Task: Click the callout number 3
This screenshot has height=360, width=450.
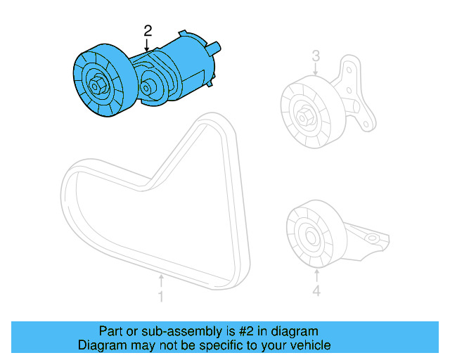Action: pyautogui.click(x=316, y=55)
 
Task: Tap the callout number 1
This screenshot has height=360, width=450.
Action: pyautogui.click(x=160, y=297)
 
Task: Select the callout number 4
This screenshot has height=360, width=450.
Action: pyautogui.click(x=316, y=290)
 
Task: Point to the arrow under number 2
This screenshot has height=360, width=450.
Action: pyautogui.click(x=148, y=44)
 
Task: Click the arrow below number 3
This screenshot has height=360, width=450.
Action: pyautogui.click(x=316, y=69)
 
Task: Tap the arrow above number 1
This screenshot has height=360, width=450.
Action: pyautogui.click(x=160, y=281)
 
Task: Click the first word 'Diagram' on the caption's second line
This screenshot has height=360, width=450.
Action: pyautogui.click(x=101, y=345)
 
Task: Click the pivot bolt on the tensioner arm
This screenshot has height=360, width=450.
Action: pyautogui.click(x=148, y=89)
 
